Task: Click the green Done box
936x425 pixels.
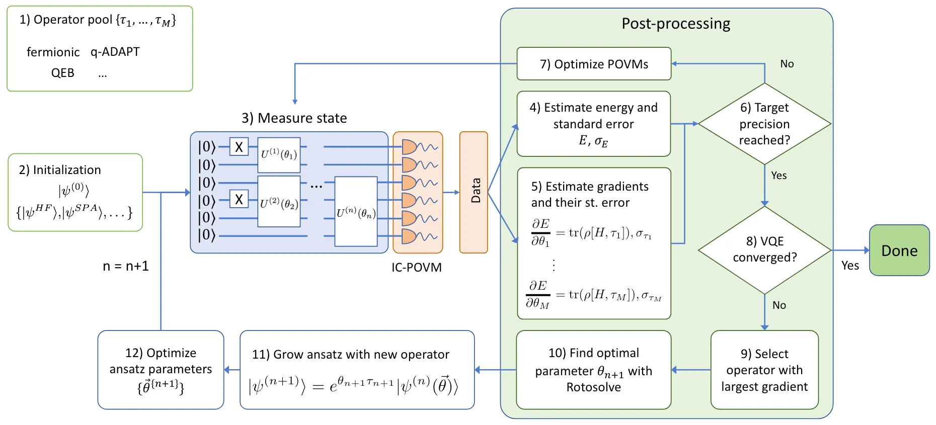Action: tap(899, 250)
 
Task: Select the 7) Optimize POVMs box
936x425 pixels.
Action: tap(594, 64)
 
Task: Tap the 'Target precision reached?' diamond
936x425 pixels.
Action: tap(764, 124)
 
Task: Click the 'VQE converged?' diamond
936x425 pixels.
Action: tap(764, 249)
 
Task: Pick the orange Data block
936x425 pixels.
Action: tap(474, 192)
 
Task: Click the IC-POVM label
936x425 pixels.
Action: tap(416, 268)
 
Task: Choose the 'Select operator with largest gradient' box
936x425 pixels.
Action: tap(764, 370)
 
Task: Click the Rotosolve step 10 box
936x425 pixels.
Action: tap(593, 370)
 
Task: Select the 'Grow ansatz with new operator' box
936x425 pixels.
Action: tap(357, 370)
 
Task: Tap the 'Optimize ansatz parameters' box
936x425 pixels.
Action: tap(161, 370)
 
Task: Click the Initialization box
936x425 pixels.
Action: tap(75, 193)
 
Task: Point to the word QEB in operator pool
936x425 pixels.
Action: tap(62, 73)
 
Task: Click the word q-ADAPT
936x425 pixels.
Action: tap(115, 52)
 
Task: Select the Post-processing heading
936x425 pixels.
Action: tap(675, 24)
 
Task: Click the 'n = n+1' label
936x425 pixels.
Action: tap(126, 266)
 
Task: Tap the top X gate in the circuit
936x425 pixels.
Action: tap(239, 147)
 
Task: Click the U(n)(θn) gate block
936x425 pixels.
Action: tap(356, 212)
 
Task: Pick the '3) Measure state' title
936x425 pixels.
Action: tap(294, 118)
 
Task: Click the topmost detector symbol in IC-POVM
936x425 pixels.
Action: tap(409, 147)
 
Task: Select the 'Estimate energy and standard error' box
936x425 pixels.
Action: tap(593, 124)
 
